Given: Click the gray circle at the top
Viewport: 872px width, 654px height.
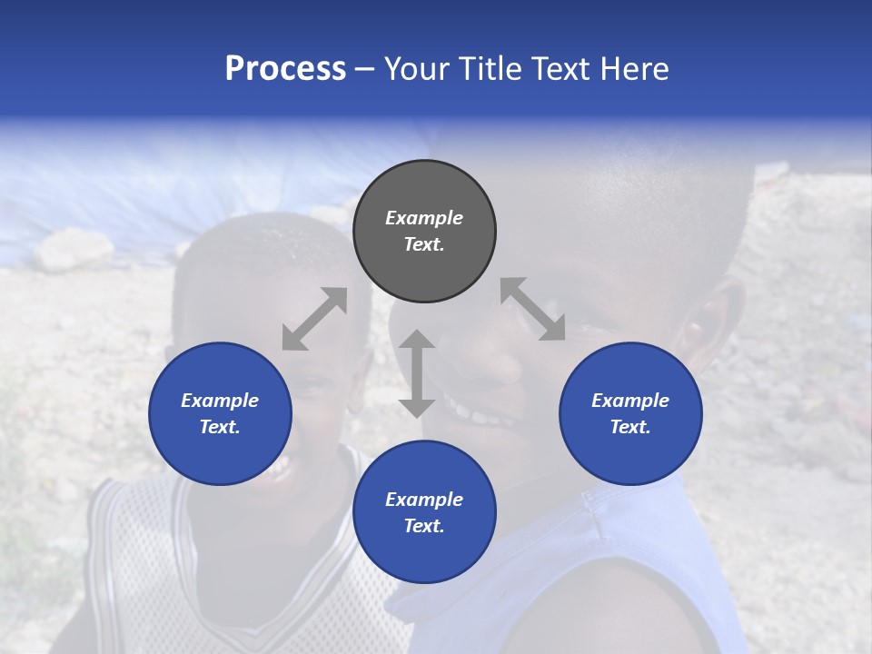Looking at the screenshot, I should [424, 231].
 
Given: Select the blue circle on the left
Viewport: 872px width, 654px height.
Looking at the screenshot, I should [220, 413].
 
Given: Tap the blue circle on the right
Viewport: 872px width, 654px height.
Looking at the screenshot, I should [630, 413].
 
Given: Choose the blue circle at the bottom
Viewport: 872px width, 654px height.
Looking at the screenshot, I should [424, 512].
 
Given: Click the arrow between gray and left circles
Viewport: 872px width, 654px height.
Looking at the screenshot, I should [314, 319].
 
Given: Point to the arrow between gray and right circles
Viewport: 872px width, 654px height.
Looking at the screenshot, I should [532, 309].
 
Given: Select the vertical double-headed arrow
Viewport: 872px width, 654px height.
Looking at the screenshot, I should [417, 373].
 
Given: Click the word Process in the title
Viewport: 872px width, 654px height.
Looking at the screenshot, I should [285, 69].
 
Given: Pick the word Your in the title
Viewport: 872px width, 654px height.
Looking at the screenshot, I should [414, 69].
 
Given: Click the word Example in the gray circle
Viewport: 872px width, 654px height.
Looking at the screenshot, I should [424, 218].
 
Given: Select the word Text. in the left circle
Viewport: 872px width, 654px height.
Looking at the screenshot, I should [220, 427].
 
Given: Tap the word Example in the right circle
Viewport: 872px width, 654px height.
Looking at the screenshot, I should [630, 401].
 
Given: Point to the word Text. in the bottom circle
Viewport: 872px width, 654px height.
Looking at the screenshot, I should [424, 526].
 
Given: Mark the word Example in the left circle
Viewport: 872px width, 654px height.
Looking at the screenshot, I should [220, 401].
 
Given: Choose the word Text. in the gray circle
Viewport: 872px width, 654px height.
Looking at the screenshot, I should [424, 244].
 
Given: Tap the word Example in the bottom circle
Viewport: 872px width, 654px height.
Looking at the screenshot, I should [424, 500].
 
